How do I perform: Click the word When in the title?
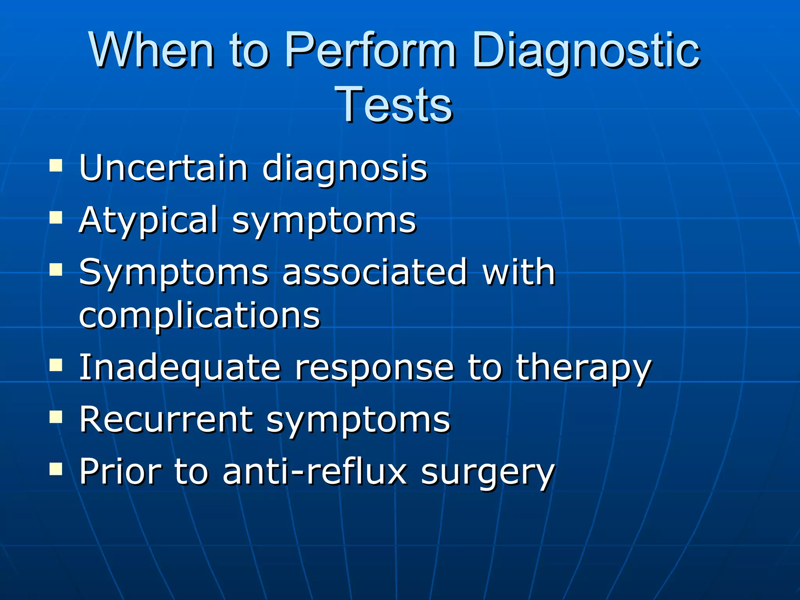pyautogui.click(x=152, y=50)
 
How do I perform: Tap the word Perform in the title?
pyautogui.click(x=370, y=50)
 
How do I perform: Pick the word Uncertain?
pyautogui.click(x=164, y=168)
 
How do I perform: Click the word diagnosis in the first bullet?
pyautogui.click(x=345, y=169)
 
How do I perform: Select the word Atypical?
pyautogui.click(x=148, y=221)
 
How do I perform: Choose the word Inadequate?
pyautogui.click(x=180, y=368)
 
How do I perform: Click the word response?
pyautogui.click(x=374, y=368)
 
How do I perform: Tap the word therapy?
pyautogui.click(x=584, y=368)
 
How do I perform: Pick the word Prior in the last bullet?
pyautogui.click(x=120, y=471)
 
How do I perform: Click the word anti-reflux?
pyautogui.click(x=314, y=471)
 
